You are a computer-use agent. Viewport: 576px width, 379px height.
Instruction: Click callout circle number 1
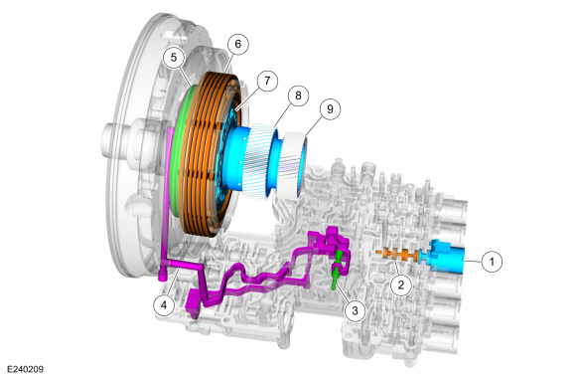[492, 262]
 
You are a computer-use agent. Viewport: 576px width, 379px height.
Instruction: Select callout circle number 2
[401, 284]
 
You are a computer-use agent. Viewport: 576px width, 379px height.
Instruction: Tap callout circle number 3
[355, 310]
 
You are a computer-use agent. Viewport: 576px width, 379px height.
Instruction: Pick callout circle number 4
[164, 305]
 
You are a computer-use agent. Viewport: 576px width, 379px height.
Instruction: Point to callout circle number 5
[174, 58]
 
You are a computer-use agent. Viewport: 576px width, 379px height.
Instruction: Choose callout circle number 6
[237, 44]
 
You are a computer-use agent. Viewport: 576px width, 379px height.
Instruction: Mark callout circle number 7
[267, 81]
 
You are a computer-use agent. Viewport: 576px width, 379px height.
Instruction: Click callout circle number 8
[298, 95]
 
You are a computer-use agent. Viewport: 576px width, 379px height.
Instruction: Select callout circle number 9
[330, 109]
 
